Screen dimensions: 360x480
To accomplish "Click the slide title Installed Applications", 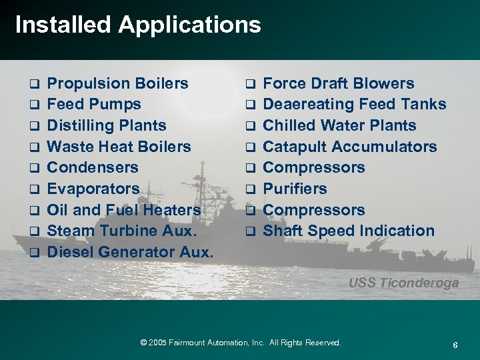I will [137, 25].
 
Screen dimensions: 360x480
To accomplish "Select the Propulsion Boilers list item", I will [119, 84].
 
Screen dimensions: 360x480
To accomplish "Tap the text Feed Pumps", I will [95, 105].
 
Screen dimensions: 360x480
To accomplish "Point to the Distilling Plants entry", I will [107, 125].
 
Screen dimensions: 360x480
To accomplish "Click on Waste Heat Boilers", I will [120, 147].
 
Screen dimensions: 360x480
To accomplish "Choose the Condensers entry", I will [93, 167].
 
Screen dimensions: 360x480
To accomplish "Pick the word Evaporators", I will [94, 189].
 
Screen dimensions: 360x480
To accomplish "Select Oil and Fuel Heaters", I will [125, 210].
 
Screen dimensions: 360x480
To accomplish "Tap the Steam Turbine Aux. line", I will [121, 231].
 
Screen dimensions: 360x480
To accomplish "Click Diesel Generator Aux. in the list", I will [131, 253].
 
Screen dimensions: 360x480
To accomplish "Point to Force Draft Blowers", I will [339, 84].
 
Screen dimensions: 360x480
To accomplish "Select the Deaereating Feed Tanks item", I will [355, 105].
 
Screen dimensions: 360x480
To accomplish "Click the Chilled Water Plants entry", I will [339, 125].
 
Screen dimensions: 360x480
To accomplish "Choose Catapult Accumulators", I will [350, 147].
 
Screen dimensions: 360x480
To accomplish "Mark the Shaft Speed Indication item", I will [349, 231].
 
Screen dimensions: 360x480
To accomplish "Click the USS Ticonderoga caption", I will [403, 283].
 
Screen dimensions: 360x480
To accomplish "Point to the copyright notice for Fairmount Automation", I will [241, 343].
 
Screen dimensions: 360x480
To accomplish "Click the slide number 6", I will [455, 345].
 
